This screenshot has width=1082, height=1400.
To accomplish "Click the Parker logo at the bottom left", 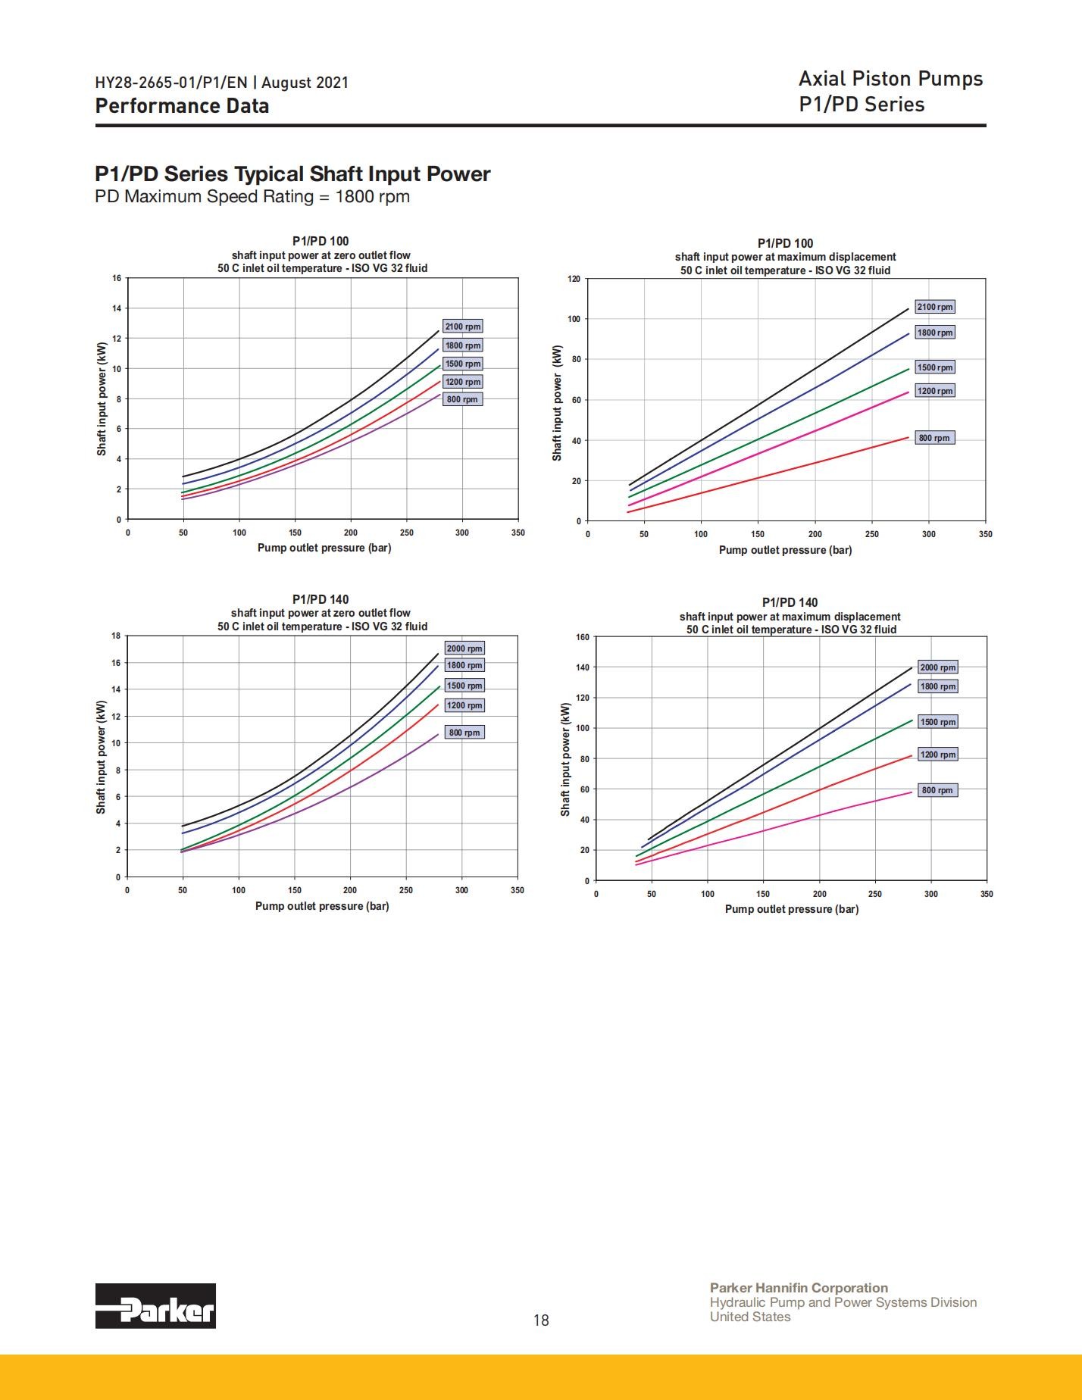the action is (155, 1305).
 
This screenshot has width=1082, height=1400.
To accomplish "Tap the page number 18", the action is (541, 1320).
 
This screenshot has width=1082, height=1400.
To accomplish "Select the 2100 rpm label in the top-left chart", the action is (463, 327).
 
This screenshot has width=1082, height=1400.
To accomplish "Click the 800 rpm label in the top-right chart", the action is (934, 438).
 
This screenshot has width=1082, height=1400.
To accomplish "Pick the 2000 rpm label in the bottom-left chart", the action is (464, 648).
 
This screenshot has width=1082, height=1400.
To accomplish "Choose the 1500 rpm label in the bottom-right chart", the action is (938, 722).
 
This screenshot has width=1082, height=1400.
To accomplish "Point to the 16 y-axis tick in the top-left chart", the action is (117, 278).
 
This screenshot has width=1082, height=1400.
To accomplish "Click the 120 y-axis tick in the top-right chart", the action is (574, 279).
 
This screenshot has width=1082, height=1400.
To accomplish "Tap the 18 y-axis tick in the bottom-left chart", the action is (116, 636).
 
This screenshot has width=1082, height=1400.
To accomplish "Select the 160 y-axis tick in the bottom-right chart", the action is (582, 637).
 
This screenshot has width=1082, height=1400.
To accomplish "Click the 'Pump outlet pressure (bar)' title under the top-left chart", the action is (324, 548).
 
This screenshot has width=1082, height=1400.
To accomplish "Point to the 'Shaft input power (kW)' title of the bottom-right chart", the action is (565, 760).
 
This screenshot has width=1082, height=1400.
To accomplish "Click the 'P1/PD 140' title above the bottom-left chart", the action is (321, 599).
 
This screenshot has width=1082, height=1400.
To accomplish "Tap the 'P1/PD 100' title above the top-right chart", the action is (785, 243).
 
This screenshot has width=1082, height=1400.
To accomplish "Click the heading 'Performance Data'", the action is (182, 105).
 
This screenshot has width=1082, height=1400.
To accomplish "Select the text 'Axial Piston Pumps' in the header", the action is (891, 79).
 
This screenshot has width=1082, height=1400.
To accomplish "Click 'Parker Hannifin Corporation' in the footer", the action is (799, 1288).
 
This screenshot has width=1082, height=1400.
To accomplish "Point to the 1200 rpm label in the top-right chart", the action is (934, 391).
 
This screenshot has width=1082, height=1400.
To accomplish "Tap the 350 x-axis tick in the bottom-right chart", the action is (987, 894).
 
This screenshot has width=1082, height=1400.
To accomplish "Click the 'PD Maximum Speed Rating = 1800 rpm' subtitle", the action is (252, 197).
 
